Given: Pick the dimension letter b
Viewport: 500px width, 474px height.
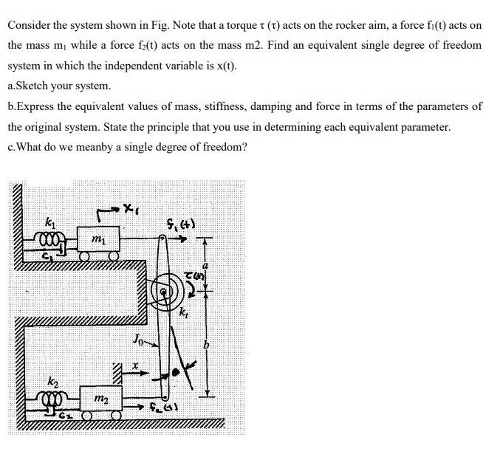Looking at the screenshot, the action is [209, 346].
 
